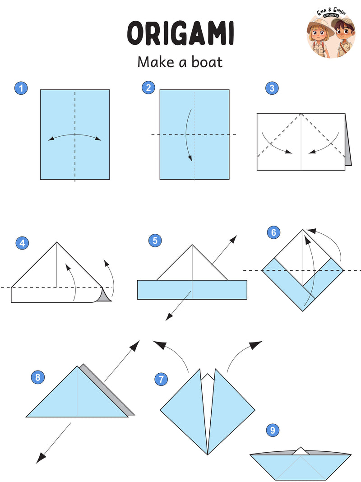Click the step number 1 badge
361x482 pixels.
[21, 88]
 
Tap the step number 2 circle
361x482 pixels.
[148, 88]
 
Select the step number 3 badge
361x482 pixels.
[272, 88]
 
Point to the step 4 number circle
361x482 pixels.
[22, 243]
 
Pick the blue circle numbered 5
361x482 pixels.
[155, 241]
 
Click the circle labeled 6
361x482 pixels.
[274, 232]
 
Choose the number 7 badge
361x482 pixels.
[161, 379]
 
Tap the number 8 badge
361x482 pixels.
[38, 377]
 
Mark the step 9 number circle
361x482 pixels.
[273, 430]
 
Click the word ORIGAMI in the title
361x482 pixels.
[180, 33]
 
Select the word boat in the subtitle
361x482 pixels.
[207, 62]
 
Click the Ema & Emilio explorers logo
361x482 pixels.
[331, 33]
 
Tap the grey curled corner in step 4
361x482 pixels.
[104, 296]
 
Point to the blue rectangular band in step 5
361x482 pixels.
[192, 290]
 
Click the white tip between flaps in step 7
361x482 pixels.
[208, 378]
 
